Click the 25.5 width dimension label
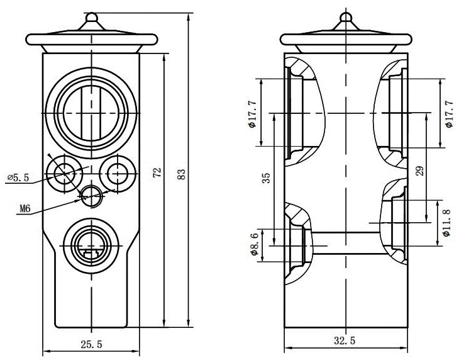[x=91, y=344]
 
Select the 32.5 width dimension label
[x=345, y=340]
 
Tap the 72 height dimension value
[x=157, y=172]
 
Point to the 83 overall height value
[x=182, y=174]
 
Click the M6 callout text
[x=25, y=208]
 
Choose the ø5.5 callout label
[x=18, y=177]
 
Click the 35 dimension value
[x=266, y=178]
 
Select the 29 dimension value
[x=420, y=171]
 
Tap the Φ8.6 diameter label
[x=254, y=244]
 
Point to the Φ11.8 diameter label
[x=446, y=223]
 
